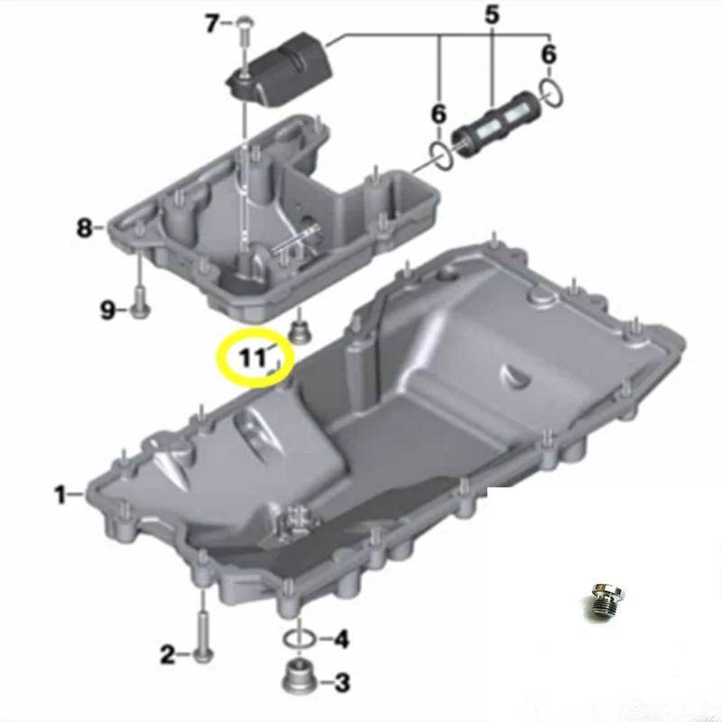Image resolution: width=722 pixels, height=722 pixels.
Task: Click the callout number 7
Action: point(212,24)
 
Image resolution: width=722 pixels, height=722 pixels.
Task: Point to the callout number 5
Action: point(492,14)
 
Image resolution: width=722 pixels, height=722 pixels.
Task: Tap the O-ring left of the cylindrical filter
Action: point(440,155)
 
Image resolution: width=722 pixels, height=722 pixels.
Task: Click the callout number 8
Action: point(84,228)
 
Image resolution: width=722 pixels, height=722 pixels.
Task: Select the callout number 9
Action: point(107,311)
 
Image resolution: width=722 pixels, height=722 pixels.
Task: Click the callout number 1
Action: point(60,494)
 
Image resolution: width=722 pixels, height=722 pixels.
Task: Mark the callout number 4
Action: point(340,641)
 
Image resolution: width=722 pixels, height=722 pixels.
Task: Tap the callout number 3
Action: point(341,683)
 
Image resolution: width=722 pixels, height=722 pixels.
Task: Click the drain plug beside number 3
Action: point(300,677)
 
